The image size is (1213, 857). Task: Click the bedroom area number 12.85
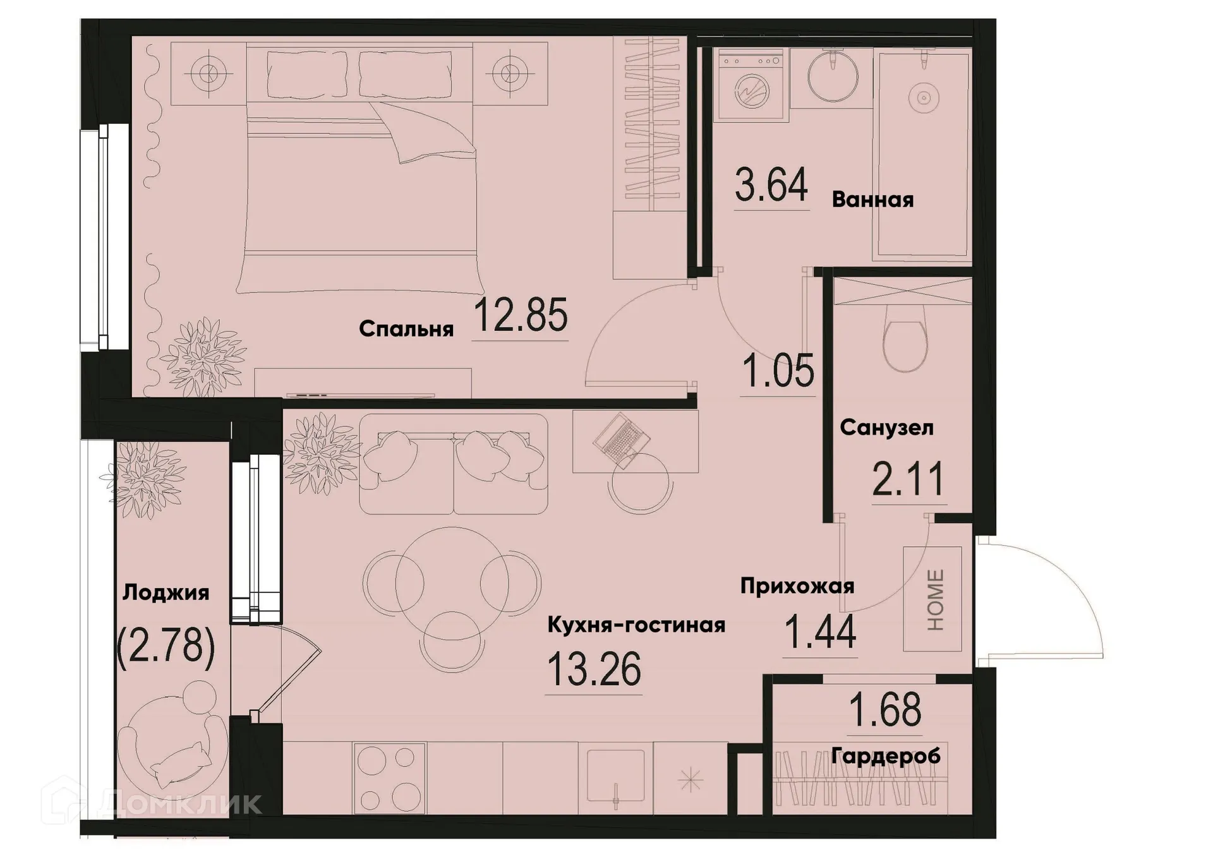tap(520, 315)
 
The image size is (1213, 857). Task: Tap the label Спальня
tap(406, 329)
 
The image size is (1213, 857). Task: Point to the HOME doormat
tap(933, 599)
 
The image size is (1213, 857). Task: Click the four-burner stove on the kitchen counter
tap(390, 778)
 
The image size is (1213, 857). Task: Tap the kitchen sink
tap(615, 780)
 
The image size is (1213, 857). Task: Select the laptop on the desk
tap(622, 440)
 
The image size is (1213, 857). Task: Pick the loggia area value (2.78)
tap(166, 647)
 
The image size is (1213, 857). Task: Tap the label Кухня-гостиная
tap(636, 625)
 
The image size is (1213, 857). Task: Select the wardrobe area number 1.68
tap(885, 710)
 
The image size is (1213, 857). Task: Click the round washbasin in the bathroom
tap(833, 77)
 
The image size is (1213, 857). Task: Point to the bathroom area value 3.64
tap(771, 184)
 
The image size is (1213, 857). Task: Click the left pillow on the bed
tap(306, 75)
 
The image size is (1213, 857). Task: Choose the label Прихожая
tap(797, 586)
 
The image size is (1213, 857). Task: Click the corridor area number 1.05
tap(778, 371)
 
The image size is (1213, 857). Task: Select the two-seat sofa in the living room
tap(453, 464)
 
